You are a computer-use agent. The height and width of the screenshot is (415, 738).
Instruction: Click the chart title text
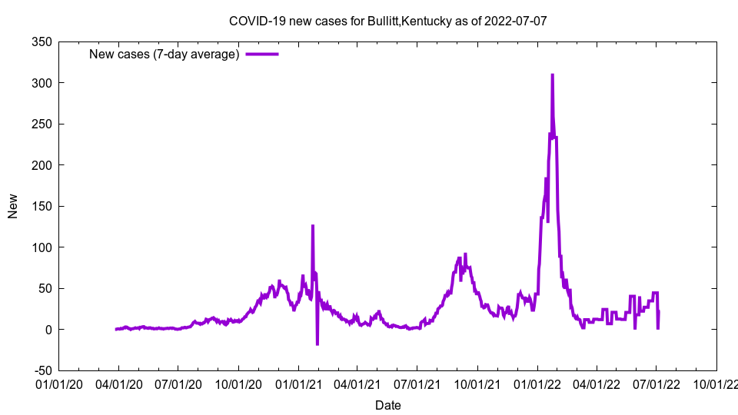pyautogui.click(x=387, y=21)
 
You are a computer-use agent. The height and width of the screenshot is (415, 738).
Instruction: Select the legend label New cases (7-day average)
pyautogui.click(x=164, y=54)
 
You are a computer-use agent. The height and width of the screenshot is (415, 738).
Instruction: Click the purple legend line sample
pyautogui.click(x=261, y=54)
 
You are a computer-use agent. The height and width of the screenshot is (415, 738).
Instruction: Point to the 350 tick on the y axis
pyautogui.click(x=42, y=42)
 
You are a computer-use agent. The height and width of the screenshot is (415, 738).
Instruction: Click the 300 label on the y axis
pyautogui.click(x=42, y=83)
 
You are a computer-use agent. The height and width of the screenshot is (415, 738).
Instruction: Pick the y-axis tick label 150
pyautogui.click(x=42, y=206)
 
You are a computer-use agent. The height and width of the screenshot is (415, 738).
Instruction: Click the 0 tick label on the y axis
pyautogui.click(x=48, y=330)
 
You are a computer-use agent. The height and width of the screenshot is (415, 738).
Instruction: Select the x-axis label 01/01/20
pyautogui.click(x=58, y=383)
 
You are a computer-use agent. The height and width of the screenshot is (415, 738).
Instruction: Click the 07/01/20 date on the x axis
pyautogui.click(x=178, y=383)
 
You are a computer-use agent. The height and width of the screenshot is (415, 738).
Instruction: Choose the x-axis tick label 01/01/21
pyautogui.click(x=298, y=383)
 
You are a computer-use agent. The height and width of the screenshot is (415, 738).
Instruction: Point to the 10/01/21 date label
pyautogui.click(x=477, y=383)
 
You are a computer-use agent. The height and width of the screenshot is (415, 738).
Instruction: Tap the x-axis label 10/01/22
pyautogui.click(x=716, y=383)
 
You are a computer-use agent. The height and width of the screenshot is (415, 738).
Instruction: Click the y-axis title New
pyautogui.click(x=13, y=206)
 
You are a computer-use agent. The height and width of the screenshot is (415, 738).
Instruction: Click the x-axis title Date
pyautogui.click(x=387, y=405)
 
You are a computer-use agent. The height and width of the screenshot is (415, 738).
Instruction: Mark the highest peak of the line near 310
pyautogui.click(x=552, y=75)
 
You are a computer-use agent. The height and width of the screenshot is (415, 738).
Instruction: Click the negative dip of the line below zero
pyautogui.click(x=317, y=344)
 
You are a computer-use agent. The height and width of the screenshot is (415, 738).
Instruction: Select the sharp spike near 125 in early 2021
pyautogui.click(x=312, y=226)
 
